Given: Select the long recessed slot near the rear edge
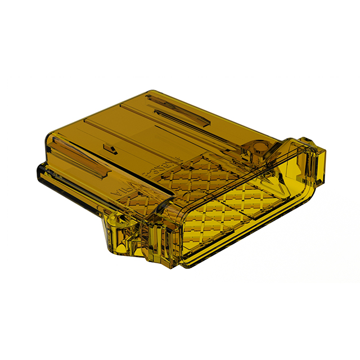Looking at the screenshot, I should pos(178,111).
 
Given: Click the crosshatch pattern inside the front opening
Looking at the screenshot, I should pos(225,208).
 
